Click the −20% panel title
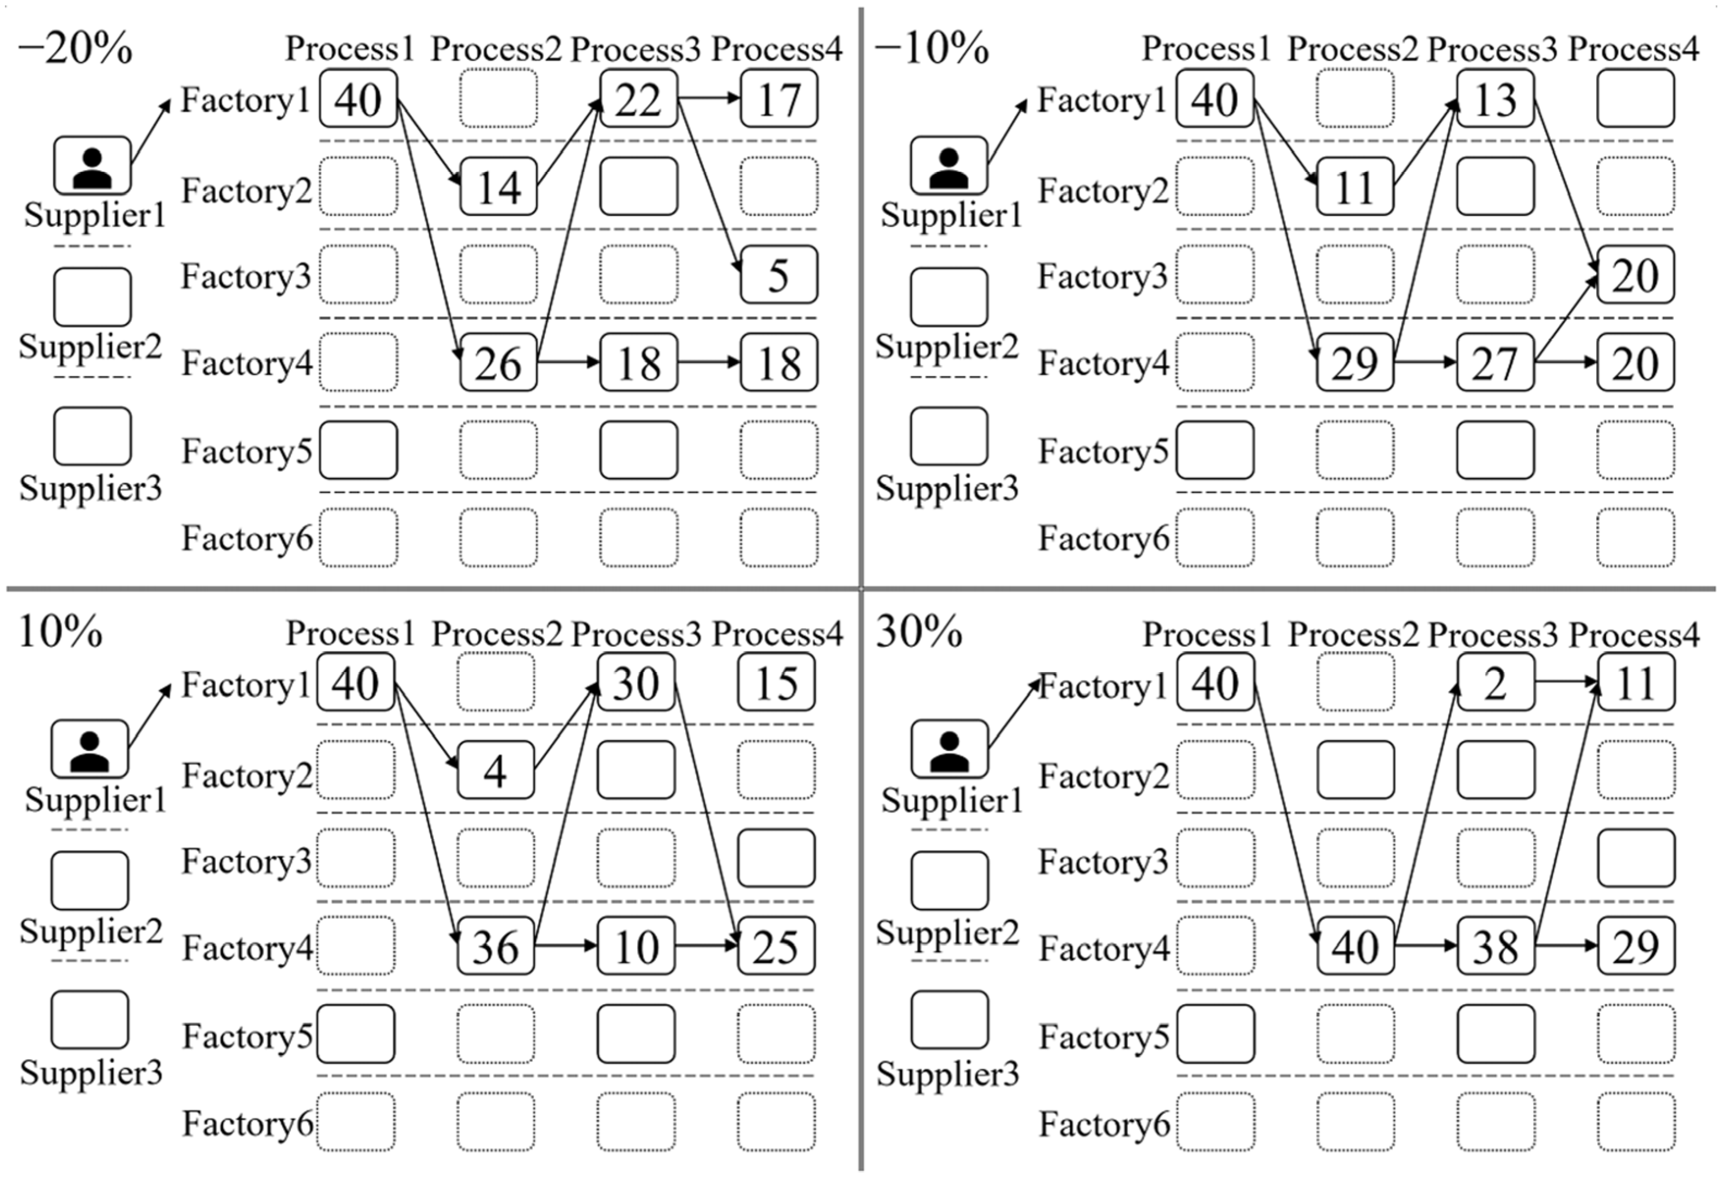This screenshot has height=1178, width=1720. coord(75,49)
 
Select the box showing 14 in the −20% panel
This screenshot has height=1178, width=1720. coord(498,186)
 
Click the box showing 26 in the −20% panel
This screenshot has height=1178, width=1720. coord(498,363)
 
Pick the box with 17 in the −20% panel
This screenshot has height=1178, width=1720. coord(779,99)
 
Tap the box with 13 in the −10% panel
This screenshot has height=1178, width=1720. coord(1495,99)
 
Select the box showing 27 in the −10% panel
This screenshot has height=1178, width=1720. coord(1495,363)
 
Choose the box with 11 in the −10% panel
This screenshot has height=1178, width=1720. coord(1355,186)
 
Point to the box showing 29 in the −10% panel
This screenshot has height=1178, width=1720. coord(1355,363)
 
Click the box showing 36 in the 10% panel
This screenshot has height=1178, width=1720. coord(495,946)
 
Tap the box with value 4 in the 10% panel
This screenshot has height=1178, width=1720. coord(495,770)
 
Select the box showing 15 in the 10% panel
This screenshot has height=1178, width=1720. coord(776,683)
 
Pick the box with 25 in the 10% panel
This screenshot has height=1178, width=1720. coord(776,946)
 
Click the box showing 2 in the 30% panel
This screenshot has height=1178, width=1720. coord(1495,683)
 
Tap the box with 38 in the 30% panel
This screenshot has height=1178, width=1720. coord(1495,946)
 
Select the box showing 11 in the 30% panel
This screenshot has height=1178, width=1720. coord(1636,683)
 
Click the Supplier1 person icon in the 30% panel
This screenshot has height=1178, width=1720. coord(949,749)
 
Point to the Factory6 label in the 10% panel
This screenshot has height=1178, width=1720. coord(248,1122)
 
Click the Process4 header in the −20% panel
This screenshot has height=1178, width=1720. coord(777,49)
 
